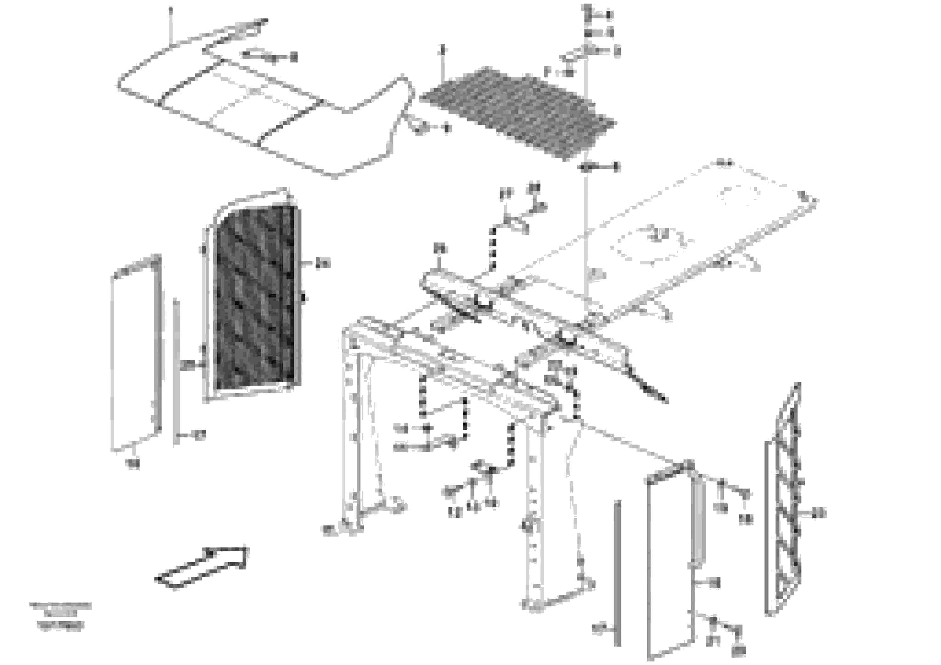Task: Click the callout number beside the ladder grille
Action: pos(819,513)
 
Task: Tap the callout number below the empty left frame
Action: pos(133,464)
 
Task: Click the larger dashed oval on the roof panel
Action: pos(648,242)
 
